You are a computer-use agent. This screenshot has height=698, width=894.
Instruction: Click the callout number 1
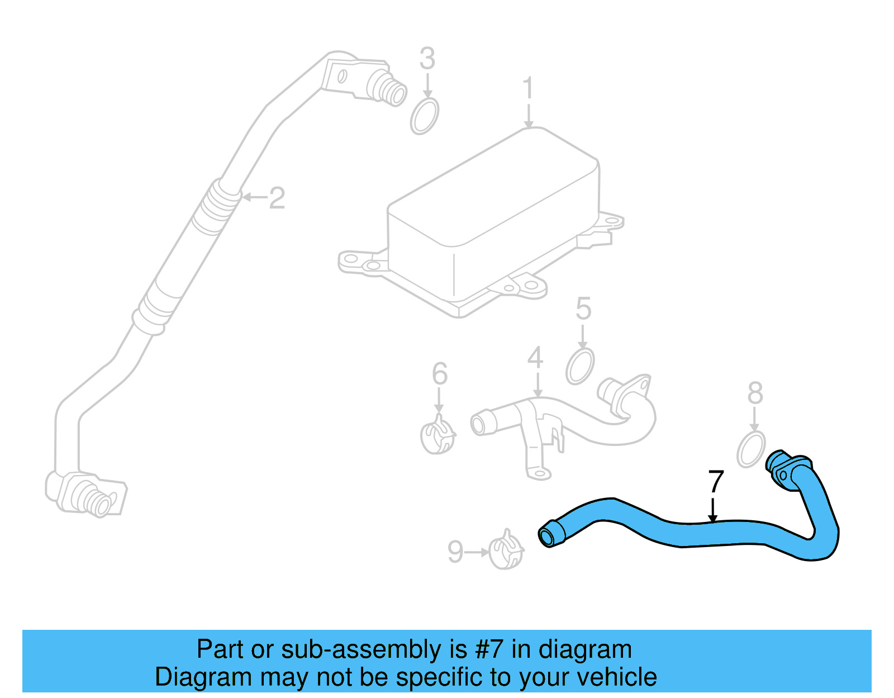coord(527,89)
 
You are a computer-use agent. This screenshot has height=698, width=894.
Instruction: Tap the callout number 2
coord(277,198)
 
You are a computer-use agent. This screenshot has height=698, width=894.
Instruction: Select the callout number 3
coord(427,59)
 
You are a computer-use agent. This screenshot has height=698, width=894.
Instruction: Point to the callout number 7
coord(716,482)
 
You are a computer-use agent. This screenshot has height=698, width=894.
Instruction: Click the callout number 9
coord(455,552)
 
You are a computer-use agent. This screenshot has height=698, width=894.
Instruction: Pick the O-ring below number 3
coord(425,116)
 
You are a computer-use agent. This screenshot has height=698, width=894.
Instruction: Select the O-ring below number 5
coord(580,367)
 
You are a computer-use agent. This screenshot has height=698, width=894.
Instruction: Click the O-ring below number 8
coord(750,449)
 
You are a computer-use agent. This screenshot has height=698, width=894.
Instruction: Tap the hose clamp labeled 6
coord(438,436)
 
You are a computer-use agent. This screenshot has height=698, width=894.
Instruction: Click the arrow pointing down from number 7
coord(712,511)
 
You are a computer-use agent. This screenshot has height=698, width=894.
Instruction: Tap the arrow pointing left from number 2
coord(255,197)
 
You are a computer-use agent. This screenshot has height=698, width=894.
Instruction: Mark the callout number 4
coord(535,358)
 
